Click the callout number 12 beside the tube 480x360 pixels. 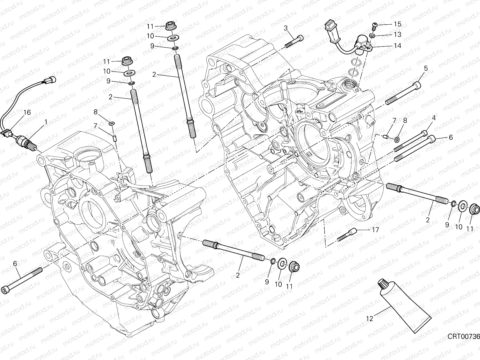369,319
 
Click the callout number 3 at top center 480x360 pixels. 286,28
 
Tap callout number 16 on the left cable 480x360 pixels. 27,112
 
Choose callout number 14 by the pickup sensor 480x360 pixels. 397,46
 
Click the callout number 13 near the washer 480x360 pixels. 397,35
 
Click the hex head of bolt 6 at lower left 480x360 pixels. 6,289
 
